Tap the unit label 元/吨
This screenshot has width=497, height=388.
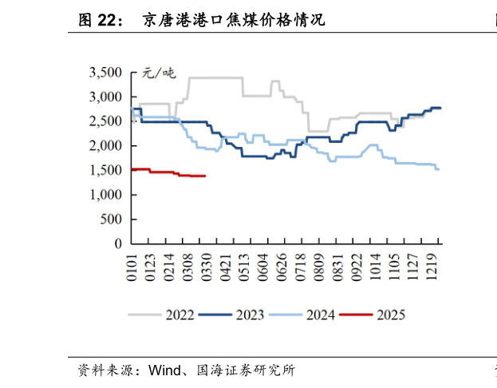point(158,73)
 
